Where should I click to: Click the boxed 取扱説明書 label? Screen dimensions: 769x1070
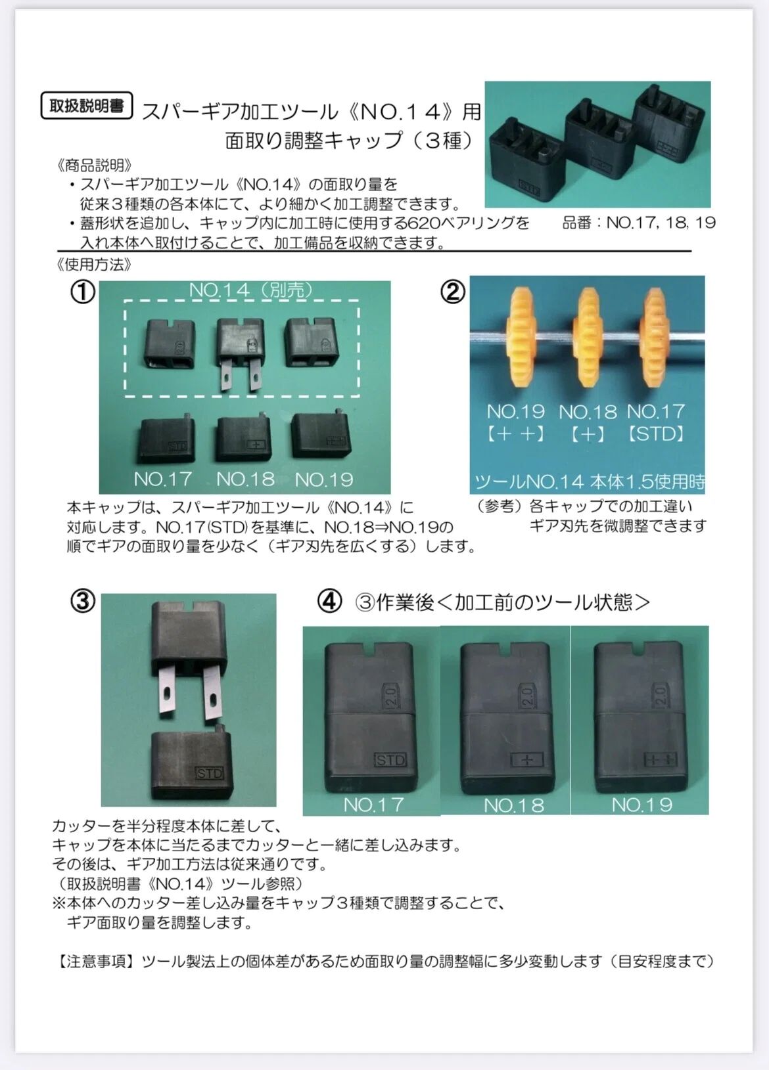click(x=87, y=106)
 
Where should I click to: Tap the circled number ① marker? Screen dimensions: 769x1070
click(x=83, y=292)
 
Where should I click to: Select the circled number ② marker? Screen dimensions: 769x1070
click(x=452, y=292)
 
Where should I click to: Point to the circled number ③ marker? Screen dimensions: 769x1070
click(x=83, y=601)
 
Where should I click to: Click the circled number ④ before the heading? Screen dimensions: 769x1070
click(x=329, y=602)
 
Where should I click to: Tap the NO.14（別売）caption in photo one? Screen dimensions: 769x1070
click(x=251, y=290)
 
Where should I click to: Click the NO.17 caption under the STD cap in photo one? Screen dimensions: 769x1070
click(x=163, y=479)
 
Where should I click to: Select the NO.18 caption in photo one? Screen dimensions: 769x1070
click(x=245, y=479)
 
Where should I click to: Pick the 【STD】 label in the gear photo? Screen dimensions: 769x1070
click(x=656, y=434)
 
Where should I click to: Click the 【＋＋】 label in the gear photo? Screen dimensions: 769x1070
click(x=515, y=434)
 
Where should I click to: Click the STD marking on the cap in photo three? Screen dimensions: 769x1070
click(x=210, y=773)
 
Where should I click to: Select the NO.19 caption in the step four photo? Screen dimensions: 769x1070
click(x=642, y=805)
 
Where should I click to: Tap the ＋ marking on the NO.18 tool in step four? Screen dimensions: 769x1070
click(x=527, y=760)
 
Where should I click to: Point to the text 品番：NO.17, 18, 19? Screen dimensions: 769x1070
click(x=639, y=223)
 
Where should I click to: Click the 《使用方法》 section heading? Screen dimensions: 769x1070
click(x=94, y=264)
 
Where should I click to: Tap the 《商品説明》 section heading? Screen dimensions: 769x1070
click(x=94, y=166)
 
